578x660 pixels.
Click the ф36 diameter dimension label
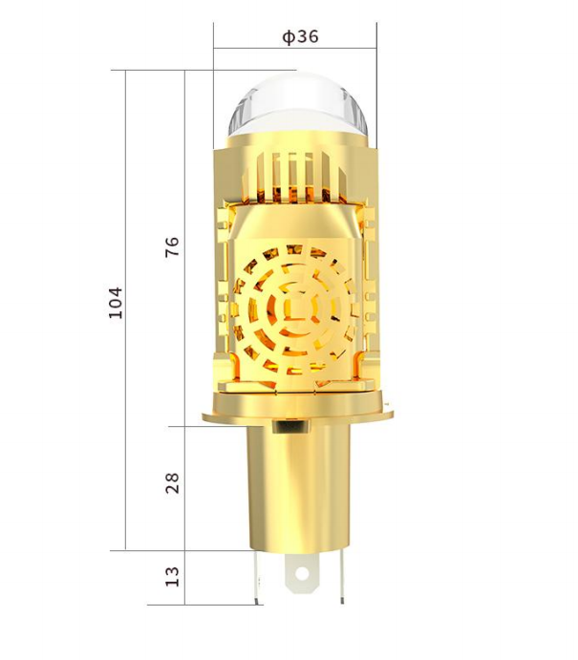[300, 37]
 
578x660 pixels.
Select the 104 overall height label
[116, 302]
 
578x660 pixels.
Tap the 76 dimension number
[172, 247]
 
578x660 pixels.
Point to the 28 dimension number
[172, 482]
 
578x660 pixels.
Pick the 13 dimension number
[172, 577]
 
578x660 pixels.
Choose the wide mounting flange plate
[297, 413]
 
